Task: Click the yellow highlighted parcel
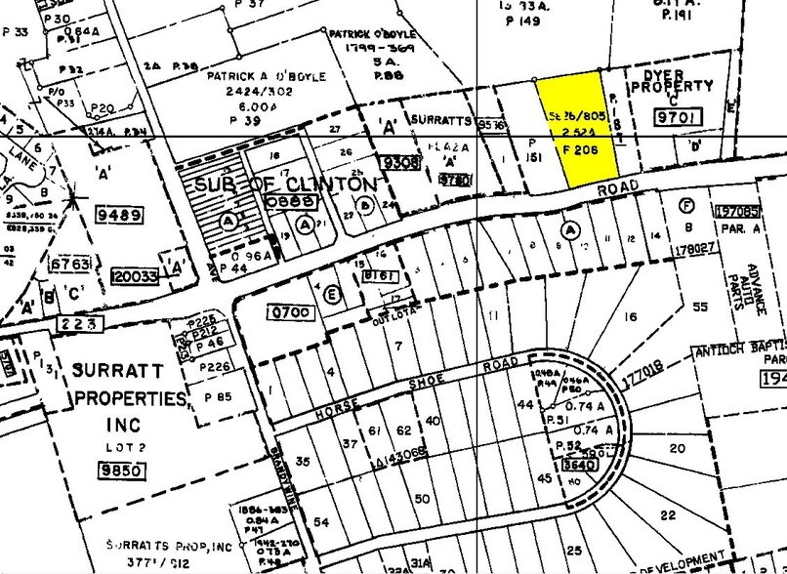[581, 132]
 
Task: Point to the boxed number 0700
[289, 312]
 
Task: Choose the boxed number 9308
[402, 163]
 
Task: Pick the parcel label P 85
[218, 396]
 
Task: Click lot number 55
[699, 307]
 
